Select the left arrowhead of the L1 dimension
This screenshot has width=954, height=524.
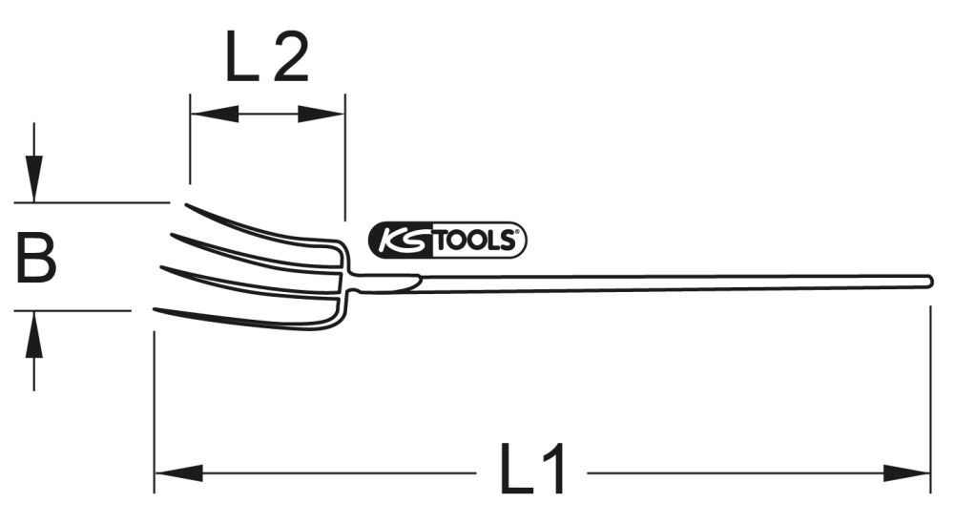pos(177,472)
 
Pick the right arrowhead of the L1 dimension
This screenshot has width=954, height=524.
pos(907,472)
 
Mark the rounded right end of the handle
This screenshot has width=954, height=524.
pos(927,280)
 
